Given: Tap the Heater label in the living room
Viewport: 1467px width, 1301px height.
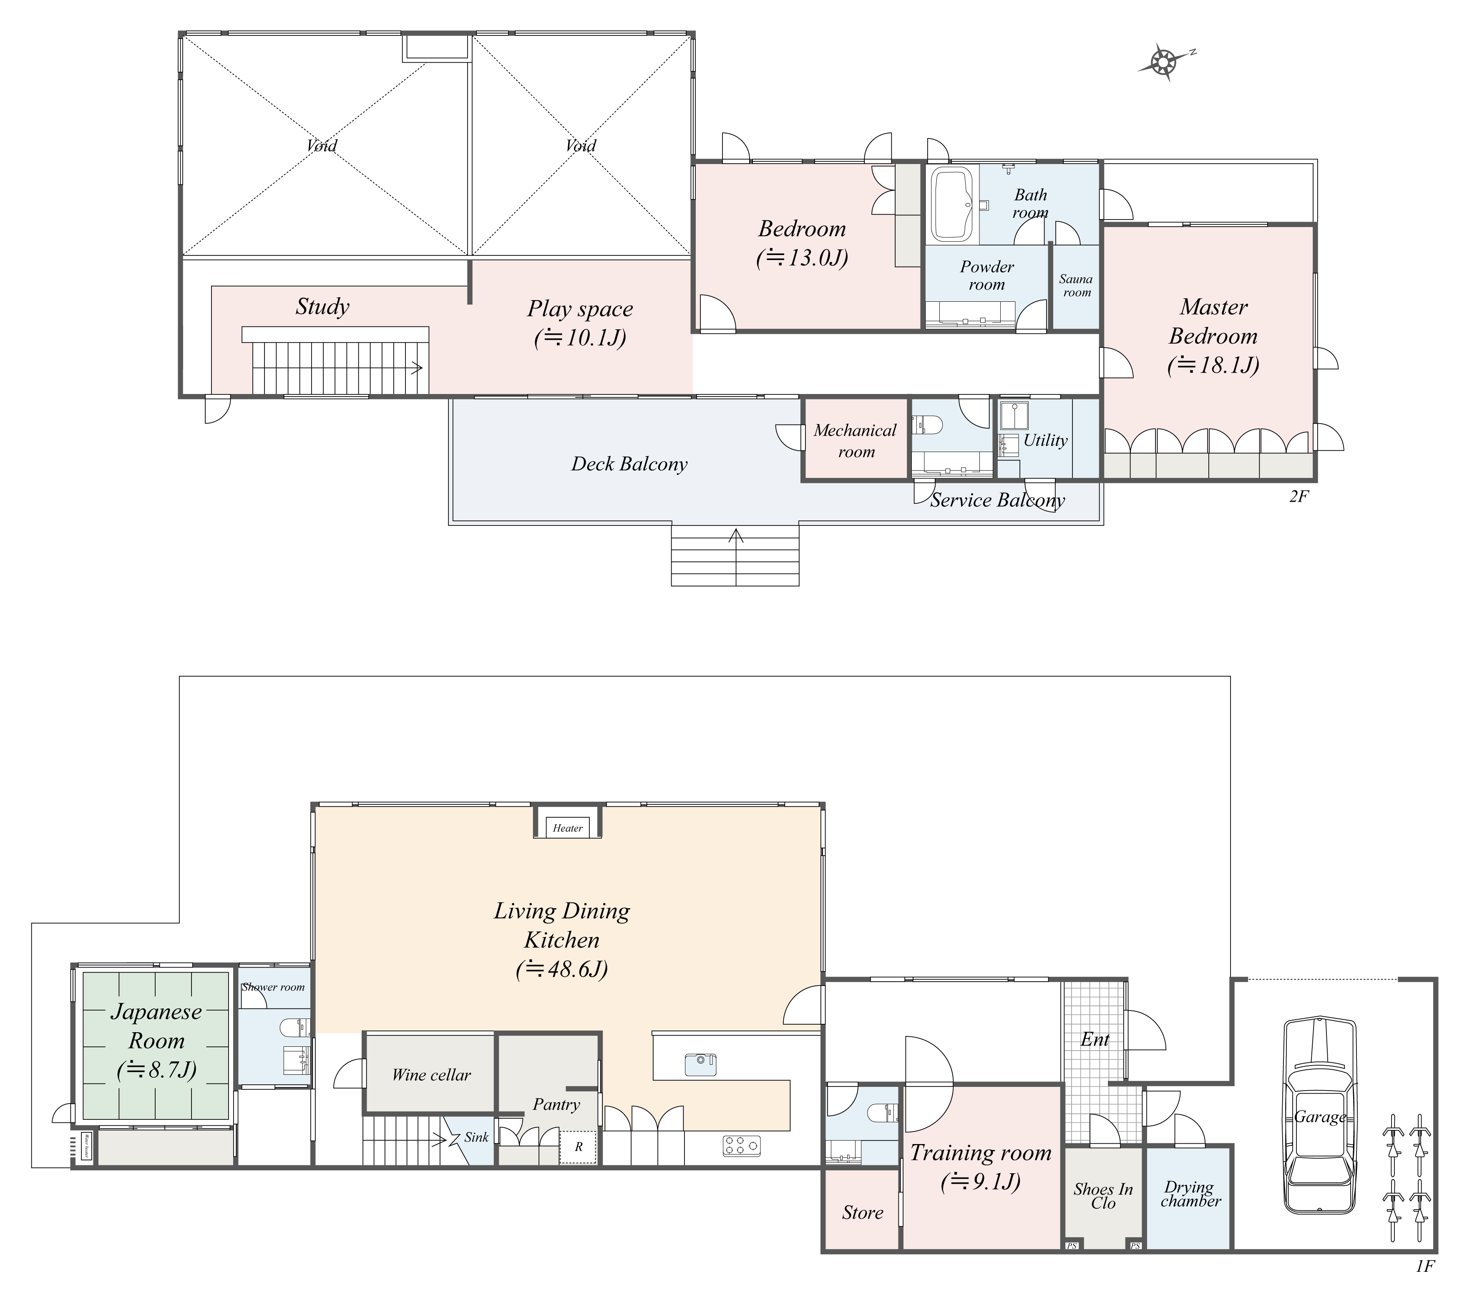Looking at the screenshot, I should [x=567, y=828].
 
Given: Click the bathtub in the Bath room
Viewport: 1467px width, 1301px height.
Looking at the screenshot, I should [x=952, y=205].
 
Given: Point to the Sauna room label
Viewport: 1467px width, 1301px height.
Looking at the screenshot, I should [x=1076, y=286].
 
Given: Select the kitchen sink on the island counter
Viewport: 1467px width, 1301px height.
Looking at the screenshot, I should [x=700, y=1064].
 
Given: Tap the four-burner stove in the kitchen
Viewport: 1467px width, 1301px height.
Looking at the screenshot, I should [x=741, y=1145].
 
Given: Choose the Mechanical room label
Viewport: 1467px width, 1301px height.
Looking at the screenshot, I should [x=856, y=441].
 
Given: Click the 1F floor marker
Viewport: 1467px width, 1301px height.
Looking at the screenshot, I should [x=1424, y=1266].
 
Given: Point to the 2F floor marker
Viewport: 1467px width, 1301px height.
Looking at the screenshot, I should [x=1299, y=496].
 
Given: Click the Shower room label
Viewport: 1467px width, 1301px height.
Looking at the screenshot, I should [x=274, y=987].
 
